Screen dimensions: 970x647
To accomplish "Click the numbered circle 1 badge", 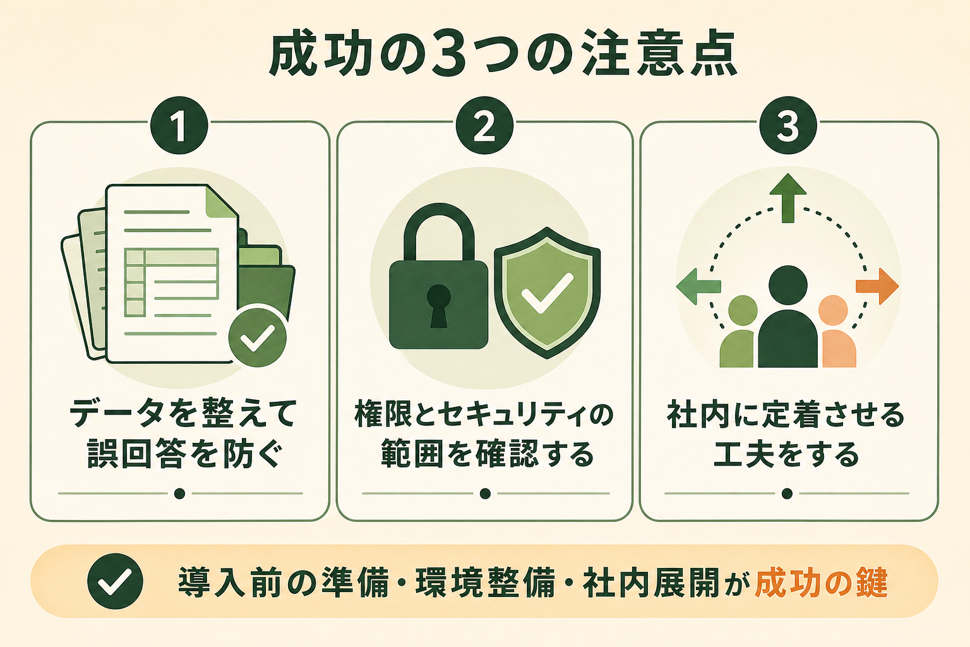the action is pos(179,126).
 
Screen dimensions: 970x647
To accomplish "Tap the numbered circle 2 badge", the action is pos(484,126).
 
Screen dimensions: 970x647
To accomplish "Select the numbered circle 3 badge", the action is pos(788,126).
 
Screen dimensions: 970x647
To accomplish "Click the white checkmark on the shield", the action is pos(548,293).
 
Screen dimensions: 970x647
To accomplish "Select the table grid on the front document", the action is pos(171,282).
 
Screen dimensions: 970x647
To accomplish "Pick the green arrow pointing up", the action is pos(788,198).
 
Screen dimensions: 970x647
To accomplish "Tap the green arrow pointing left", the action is pos(698,286).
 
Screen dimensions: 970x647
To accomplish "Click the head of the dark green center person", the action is pos(788,286).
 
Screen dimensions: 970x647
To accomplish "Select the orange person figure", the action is pos(837,332).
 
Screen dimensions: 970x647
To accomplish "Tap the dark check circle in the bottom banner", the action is pos(115,581).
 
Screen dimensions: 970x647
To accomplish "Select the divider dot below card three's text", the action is pos(787,493).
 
